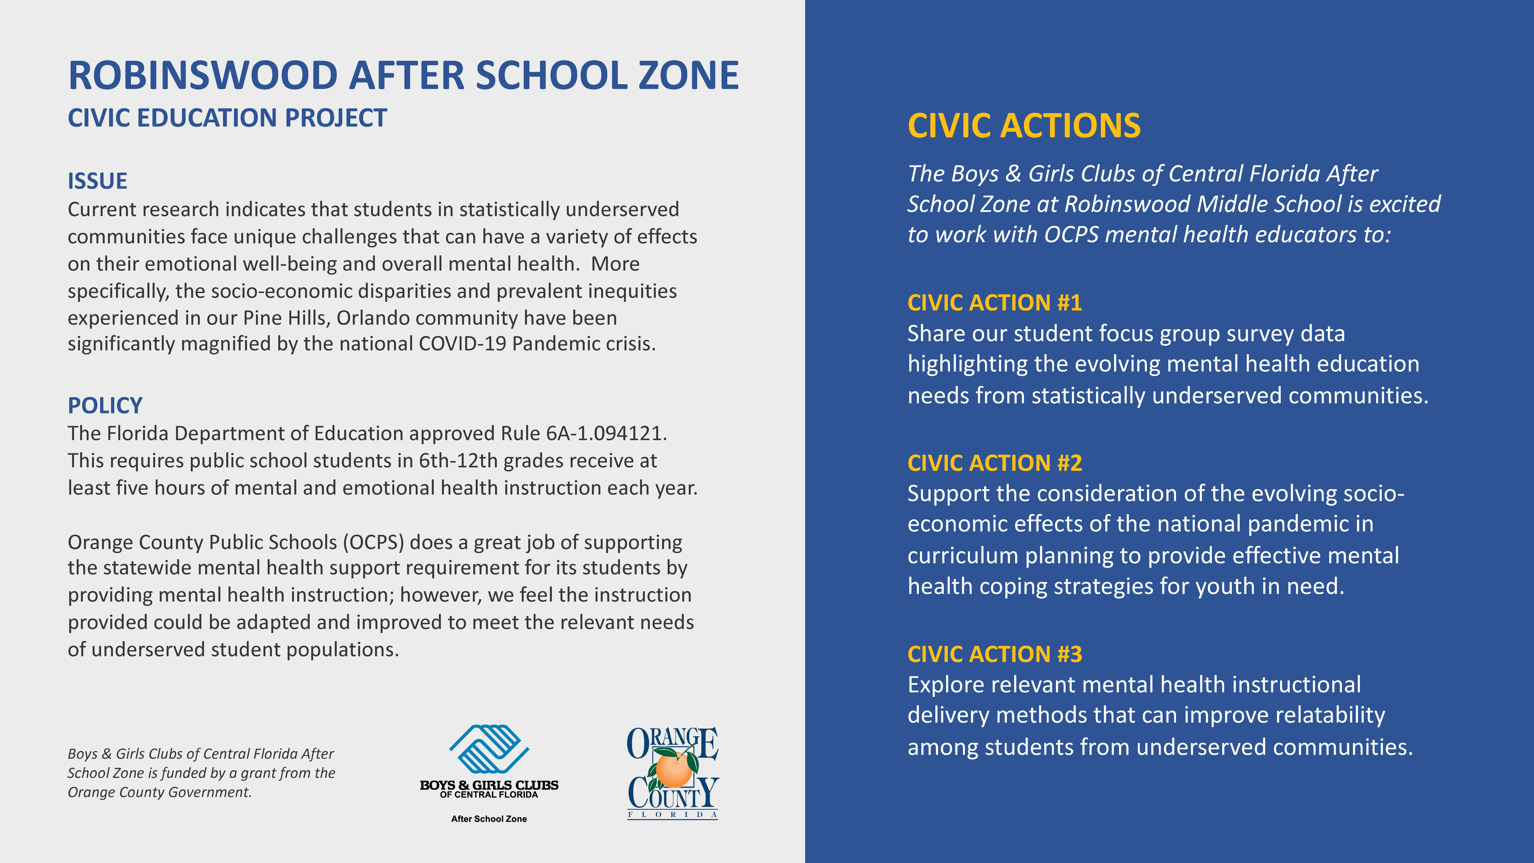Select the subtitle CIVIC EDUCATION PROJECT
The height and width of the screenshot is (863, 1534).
[227, 118]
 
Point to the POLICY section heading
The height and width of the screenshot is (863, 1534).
[105, 406]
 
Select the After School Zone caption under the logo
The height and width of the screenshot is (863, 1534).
[489, 819]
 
